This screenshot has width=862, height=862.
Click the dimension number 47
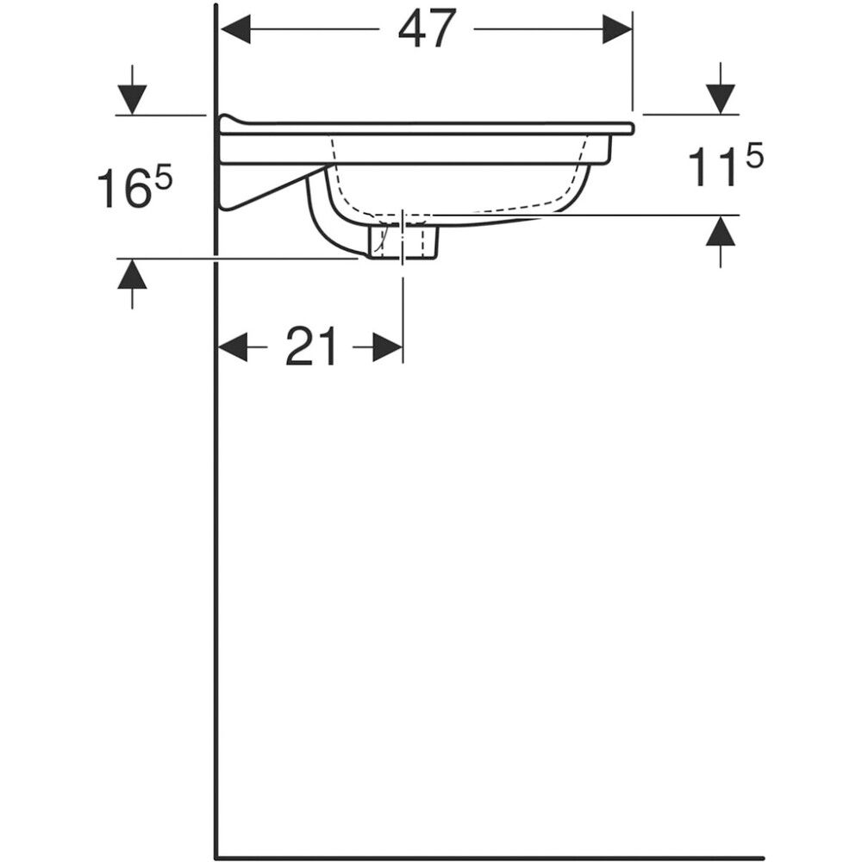tap(428, 28)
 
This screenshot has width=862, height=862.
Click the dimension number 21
tap(310, 347)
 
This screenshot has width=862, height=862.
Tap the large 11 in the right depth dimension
tap(713, 167)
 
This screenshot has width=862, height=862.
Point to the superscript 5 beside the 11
tap(754, 157)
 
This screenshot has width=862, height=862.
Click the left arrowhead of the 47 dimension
tap(234, 29)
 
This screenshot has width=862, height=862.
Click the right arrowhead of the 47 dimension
tap(617, 29)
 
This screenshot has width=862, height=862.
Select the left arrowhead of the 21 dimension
tap(234, 347)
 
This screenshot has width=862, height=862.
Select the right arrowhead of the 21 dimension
tap(388, 347)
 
